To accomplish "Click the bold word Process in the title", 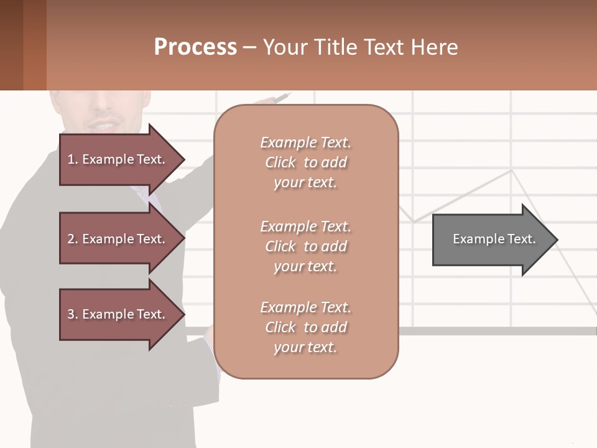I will [x=195, y=47].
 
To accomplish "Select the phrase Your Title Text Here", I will [x=360, y=47].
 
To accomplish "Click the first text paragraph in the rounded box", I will [x=305, y=162].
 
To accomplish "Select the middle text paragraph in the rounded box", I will [x=305, y=246].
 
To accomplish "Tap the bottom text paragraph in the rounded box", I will [x=305, y=327].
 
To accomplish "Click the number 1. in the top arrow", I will [x=73, y=159].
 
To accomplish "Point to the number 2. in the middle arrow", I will [x=73, y=239].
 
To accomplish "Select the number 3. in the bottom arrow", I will [x=73, y=314].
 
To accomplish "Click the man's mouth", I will [x=103, y=126].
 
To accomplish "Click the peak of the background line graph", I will [x=512, y=170].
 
